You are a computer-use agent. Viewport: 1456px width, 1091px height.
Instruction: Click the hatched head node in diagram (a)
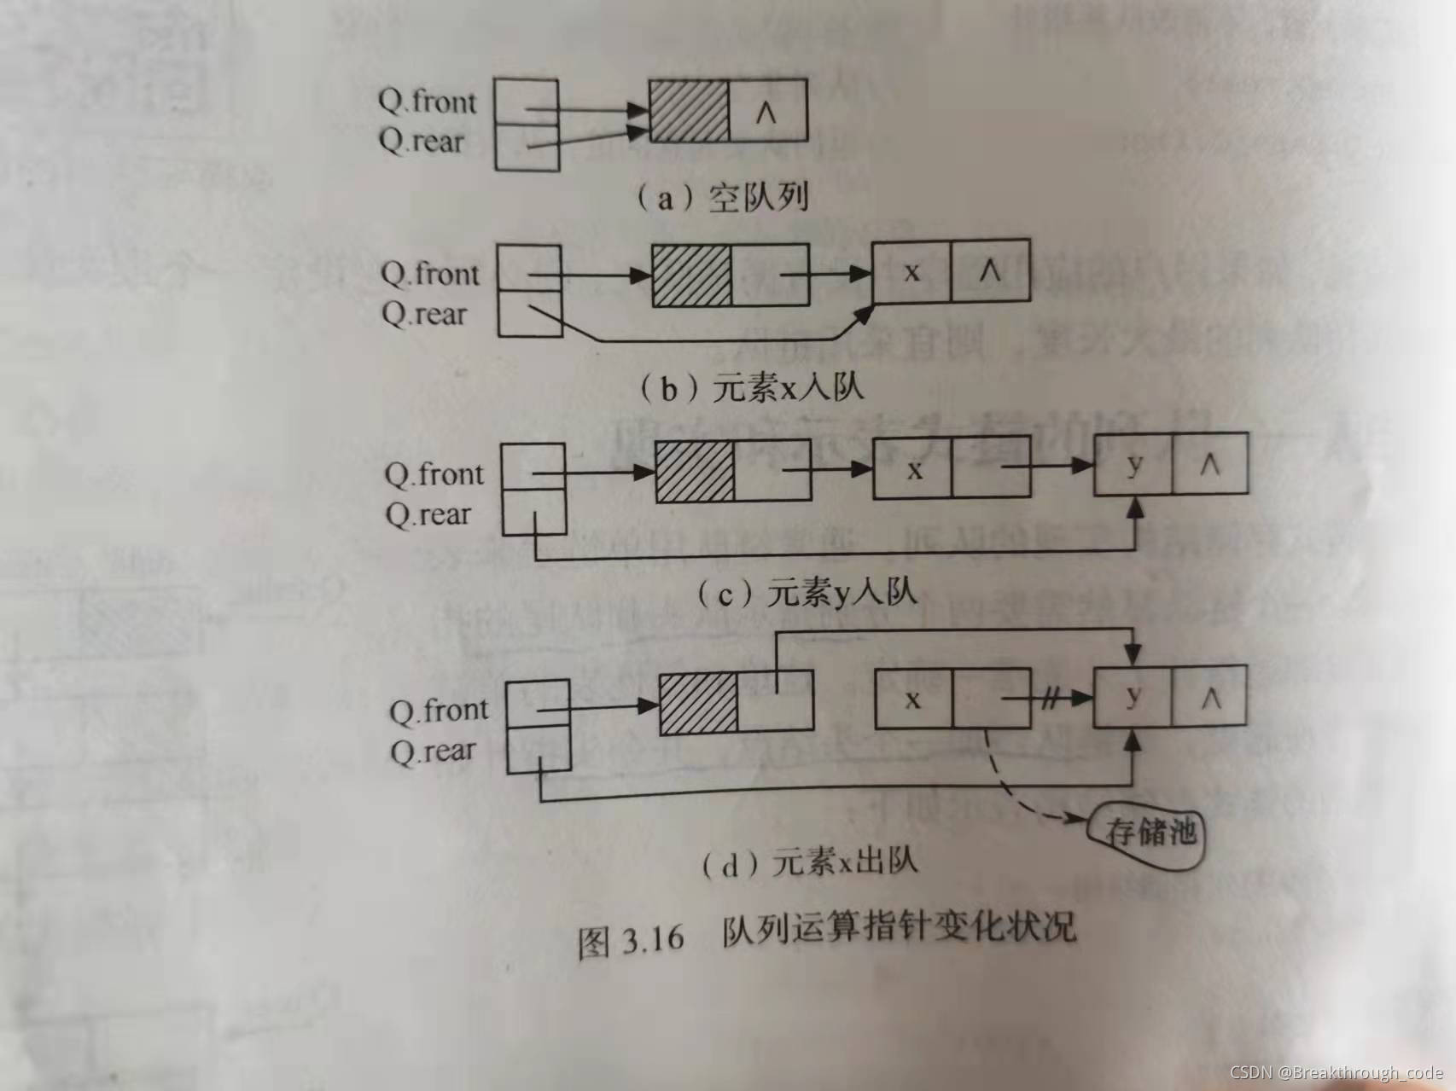(689, 111)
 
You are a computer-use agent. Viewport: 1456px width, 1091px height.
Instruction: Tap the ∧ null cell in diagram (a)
(767, 111)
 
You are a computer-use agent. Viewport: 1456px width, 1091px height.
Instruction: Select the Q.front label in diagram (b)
(430, 274)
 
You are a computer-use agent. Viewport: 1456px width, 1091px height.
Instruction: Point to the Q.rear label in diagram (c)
(428, 514)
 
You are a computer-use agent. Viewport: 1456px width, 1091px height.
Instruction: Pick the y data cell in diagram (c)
(1133, 466)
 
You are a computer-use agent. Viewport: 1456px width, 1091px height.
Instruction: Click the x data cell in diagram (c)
(913, 469)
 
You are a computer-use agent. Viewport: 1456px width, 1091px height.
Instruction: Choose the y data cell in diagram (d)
(1133, 697)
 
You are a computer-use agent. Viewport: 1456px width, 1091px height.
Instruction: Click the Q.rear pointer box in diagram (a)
(527, 147)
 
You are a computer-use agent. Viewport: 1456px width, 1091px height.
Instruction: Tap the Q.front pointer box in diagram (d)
(538, 703)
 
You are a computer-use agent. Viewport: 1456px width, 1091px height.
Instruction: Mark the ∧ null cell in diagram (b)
(990, 272)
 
